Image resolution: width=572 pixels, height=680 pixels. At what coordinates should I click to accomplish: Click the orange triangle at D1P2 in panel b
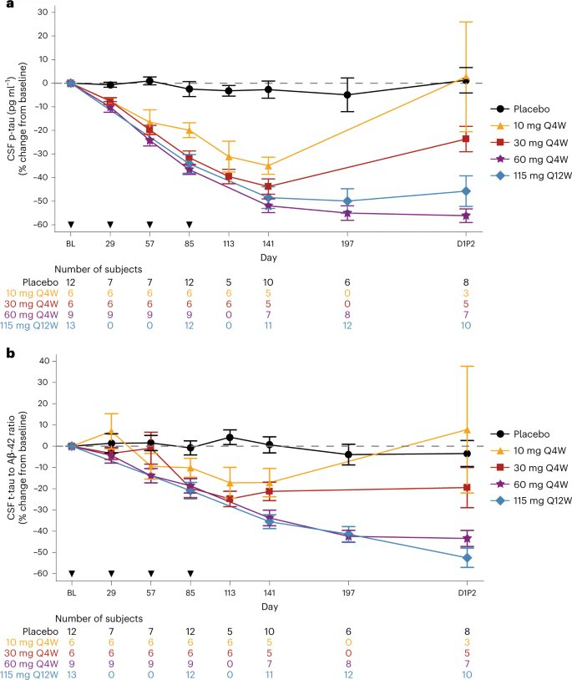pyautogui.click(x=466, y=429)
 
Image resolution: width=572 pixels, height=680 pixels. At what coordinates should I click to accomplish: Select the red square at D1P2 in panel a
pyautogui.click(x=466, y=139)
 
